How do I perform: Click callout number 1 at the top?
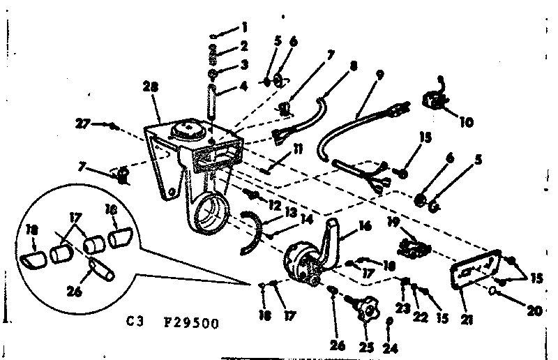[244, 28]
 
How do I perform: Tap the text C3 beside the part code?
[135, 323]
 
